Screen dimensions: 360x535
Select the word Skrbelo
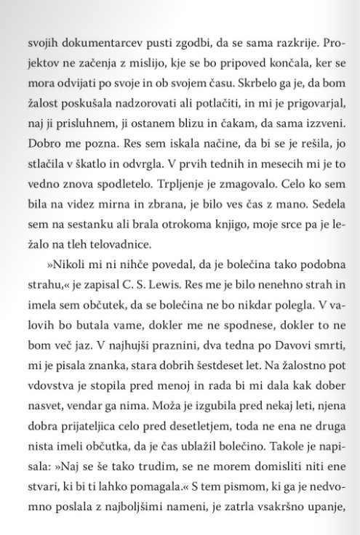pyautogui.click(x=230, y=74)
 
